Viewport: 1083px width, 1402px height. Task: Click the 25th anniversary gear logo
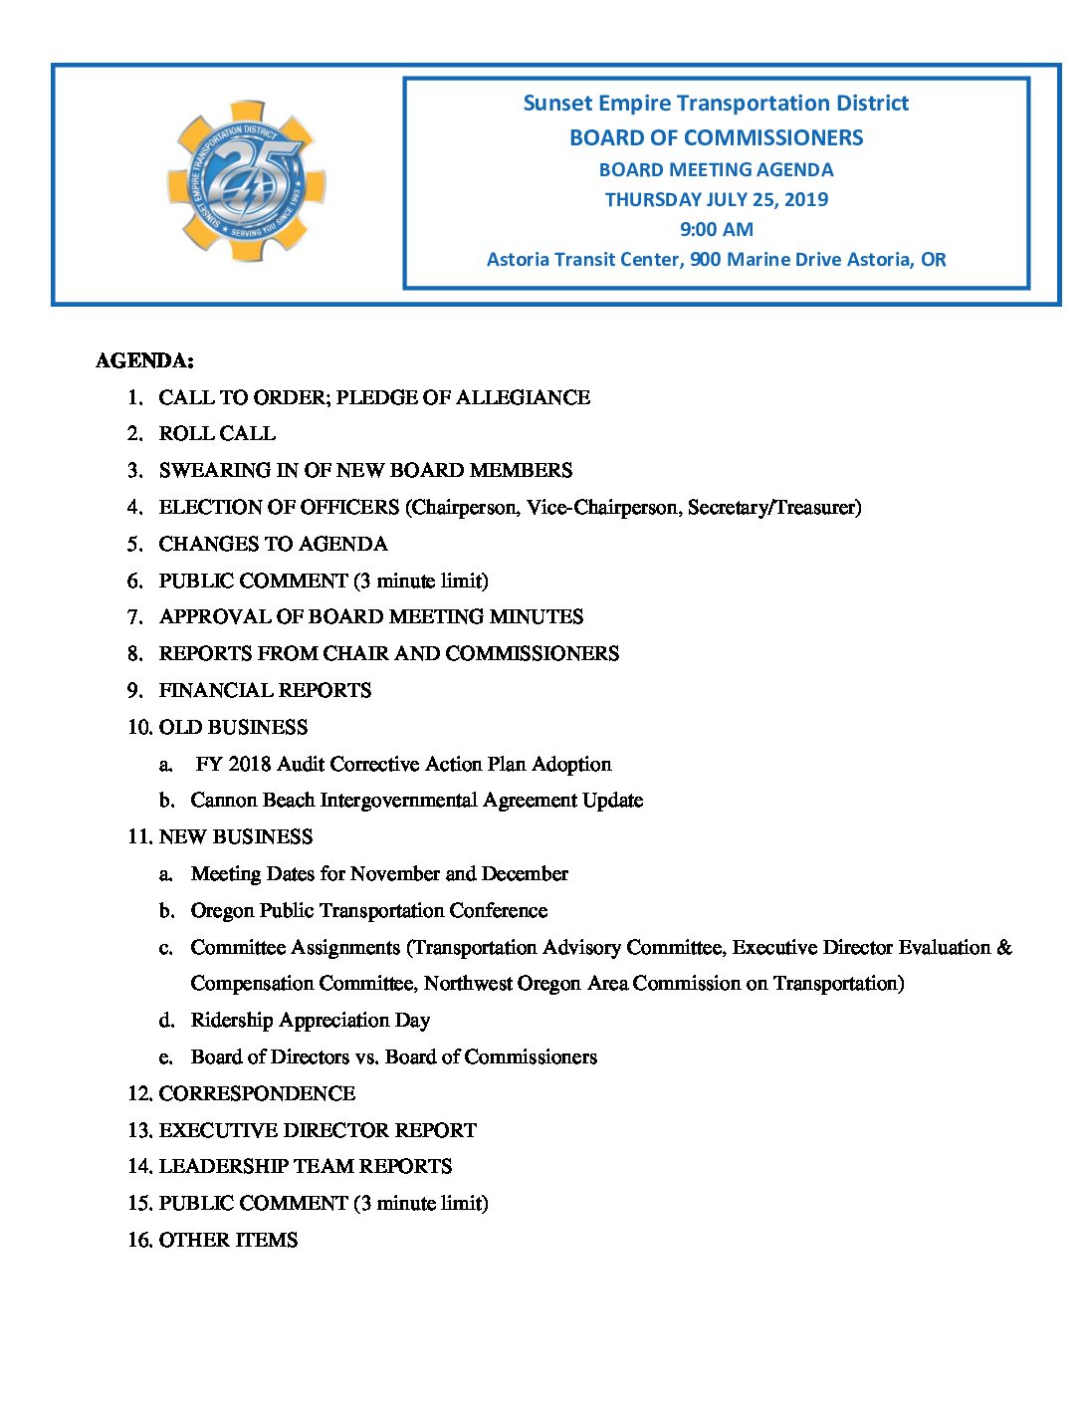(x=246, y=181)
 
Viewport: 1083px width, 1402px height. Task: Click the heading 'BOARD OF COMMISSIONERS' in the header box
(x=716, y=137)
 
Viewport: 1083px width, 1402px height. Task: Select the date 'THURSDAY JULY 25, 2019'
(x=716, y=199)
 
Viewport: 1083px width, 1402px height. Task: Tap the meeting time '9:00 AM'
(x=716, y=229)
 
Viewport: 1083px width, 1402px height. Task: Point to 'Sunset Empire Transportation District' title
(x=716, y=104)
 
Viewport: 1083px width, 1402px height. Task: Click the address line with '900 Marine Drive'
(x=716, y=260)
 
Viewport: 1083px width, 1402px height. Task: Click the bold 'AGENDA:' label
(x=144, y=360)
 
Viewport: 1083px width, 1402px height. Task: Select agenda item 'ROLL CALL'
(x=217, y=433)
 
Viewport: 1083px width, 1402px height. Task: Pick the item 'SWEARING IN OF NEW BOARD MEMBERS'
(x=365, y=470)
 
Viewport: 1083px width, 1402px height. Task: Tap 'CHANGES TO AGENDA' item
(x=273, y=544)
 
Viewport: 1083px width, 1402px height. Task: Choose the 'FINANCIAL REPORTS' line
(x=265, y=690)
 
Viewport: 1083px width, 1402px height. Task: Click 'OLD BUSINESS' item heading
(x=233, y=727)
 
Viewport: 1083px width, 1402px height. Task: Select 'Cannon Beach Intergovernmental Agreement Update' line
(x=416, y=800)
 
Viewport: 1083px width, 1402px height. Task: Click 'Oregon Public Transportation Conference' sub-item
(x=368, y=910)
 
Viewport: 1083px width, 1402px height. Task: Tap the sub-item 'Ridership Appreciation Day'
(x=310, y=1020)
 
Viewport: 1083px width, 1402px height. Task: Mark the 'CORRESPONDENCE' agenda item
(x=257, y=1093)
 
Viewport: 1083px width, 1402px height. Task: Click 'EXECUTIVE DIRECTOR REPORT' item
(x=318, y=1130)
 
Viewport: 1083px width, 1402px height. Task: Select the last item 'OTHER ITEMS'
(x=228, y=1240)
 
